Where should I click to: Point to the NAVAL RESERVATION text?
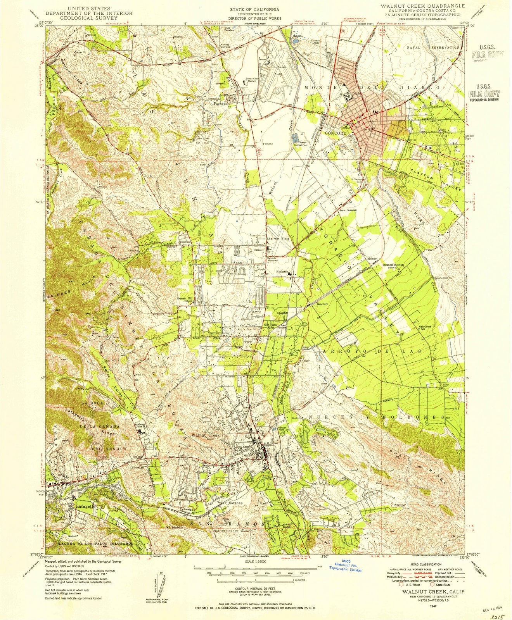[x=436, y=47]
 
